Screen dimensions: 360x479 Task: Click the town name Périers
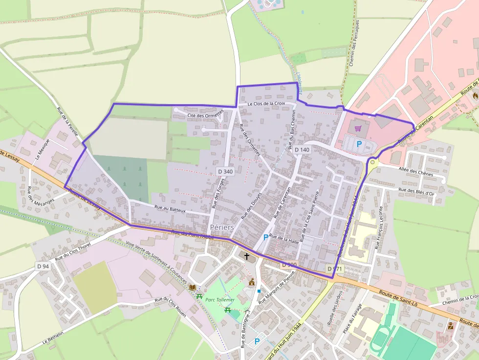221,227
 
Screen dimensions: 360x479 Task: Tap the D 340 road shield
225,171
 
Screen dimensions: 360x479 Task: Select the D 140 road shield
302,149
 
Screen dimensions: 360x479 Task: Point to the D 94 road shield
43,266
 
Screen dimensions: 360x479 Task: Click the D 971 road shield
335,269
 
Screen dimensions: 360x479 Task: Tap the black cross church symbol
247,255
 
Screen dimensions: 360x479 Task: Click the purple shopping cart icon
358,128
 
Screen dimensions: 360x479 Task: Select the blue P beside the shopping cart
359,144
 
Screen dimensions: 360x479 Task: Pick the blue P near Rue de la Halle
265,237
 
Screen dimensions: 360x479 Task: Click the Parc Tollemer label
220,299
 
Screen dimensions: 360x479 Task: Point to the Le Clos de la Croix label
266,104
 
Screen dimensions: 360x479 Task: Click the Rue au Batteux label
170,209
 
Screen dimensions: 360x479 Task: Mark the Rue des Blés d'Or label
416,192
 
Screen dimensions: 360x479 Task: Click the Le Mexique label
43,150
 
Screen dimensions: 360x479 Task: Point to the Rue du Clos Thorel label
73,252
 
